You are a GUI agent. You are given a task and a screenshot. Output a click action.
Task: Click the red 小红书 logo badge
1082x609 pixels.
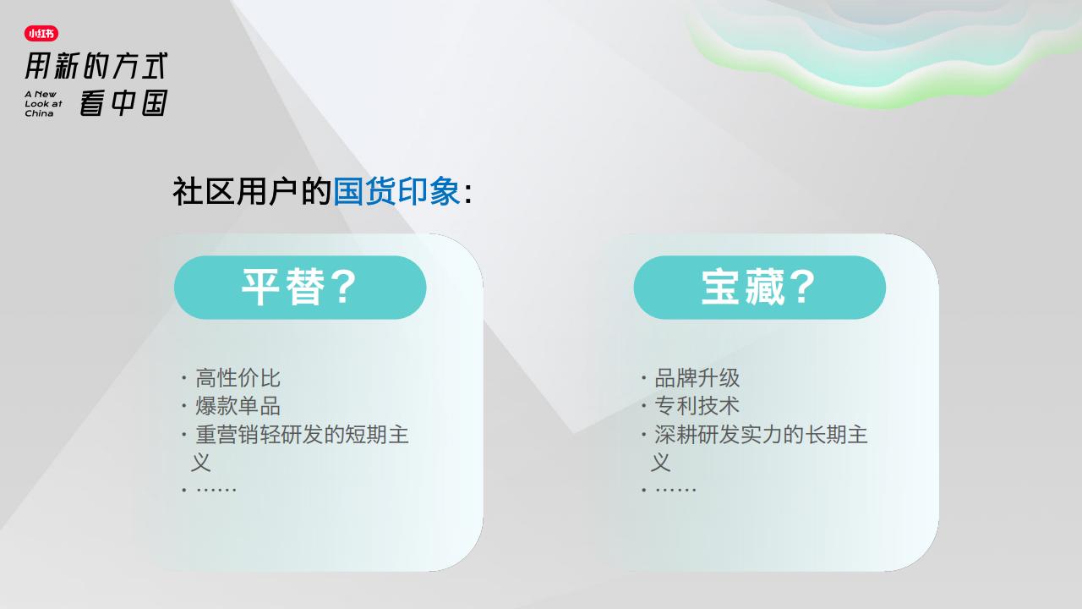click(x=41, y=33)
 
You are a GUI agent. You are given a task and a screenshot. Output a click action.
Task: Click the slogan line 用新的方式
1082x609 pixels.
click(x=96, y=66)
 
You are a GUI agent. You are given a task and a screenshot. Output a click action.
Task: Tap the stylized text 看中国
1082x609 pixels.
click(x=123, y=102)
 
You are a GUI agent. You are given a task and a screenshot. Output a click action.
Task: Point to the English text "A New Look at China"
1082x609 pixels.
click(x=43, y=104)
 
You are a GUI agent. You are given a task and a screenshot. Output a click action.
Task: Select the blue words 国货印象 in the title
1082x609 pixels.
click(x=396, y=191)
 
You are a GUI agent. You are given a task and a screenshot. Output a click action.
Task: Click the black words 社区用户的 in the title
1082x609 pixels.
click(x=252, y=191)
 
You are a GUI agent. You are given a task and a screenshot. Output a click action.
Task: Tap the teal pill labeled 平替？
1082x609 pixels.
click(x=300, y=288)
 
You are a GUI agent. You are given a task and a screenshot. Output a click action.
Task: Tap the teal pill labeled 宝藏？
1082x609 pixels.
click(x=759, y=288)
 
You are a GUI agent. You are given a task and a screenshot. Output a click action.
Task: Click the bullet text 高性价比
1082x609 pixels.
click(x=238, y=378)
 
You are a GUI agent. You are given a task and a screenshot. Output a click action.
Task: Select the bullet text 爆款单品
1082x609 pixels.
click(x=238, y=406)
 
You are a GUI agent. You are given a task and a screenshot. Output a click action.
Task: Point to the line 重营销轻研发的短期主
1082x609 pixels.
click(x=302, y=435)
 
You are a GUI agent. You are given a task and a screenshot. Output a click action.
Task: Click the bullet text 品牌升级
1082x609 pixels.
click(x=697, y=378)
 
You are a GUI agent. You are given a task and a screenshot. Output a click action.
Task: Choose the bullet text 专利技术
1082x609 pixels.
click(x=697, y=406)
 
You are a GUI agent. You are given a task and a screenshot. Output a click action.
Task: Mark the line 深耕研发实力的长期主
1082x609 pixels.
click(x=762, y=435)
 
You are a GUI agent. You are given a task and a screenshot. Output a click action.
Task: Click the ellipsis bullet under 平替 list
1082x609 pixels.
click(x=216, y=490)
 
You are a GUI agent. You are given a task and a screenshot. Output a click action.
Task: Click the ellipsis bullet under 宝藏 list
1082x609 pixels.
click(x=675, y=490)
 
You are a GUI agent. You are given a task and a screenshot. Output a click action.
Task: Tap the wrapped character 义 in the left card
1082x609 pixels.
click(x=201, y=463)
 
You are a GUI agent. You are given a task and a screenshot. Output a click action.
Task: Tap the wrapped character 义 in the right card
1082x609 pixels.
click(x=660, y=463)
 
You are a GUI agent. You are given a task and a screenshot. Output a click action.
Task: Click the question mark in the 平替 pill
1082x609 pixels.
click(x=344, y=287)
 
